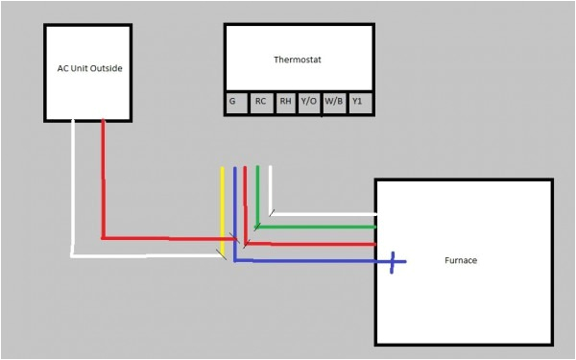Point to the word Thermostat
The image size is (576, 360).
pyautogui.click(x=298, y=60)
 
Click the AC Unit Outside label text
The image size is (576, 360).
pyautogui.click(x=89, y=69)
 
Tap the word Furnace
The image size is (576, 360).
pyautogui.click(x=462, y=260)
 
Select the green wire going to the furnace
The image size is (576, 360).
pyautogui.click(x=317, y=228)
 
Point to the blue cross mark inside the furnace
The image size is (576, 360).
pyautogui.click(x=394, y=260)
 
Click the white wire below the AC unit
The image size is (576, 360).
pyautogui.click(x=73, y=192)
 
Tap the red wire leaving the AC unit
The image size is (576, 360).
pyautogui.click(x=103, y=182)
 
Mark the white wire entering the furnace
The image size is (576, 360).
pyautogui.click(x=326, y=214)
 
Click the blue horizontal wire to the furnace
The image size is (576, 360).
pyautogui.click(x=307, y=260)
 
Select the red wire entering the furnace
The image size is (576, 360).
pyautogui.click(x=317, y=244)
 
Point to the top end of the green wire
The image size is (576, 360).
pyautogui.click(x=257, y=168)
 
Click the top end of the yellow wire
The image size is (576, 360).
pyautogui.click(x=224, y=169)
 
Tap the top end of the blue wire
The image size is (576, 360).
pyautogui.click(x=235, y=169)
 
